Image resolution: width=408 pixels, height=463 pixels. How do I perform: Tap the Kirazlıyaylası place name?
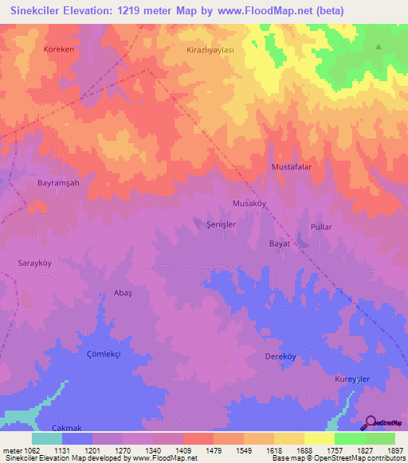[210, 49]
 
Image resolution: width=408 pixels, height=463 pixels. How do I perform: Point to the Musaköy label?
[248, 204]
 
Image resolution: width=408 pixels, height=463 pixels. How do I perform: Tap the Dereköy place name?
[280, 357]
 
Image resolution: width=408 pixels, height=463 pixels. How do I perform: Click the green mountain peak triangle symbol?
[379, 46]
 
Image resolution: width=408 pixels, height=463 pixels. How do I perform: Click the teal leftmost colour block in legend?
[46, 438]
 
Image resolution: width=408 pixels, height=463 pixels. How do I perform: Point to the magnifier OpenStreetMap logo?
[371, 422]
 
